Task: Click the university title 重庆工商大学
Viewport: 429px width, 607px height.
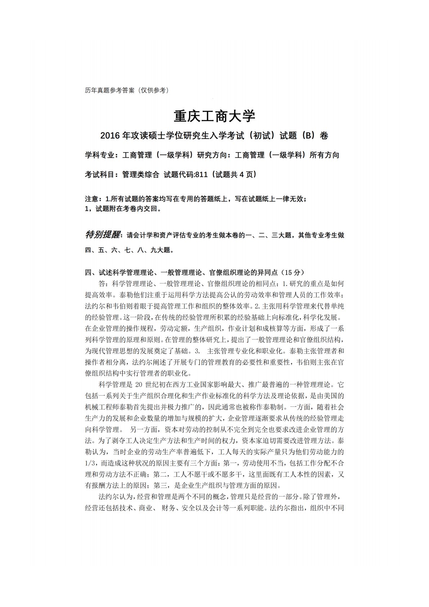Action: point(214,116)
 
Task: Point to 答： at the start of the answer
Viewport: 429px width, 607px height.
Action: point(105,283)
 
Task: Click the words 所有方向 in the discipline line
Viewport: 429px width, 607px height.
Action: point(324,155)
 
